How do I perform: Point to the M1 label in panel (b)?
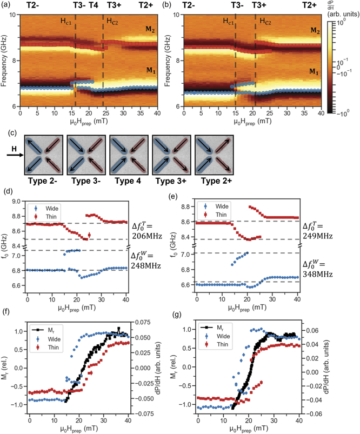pos(312,71)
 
